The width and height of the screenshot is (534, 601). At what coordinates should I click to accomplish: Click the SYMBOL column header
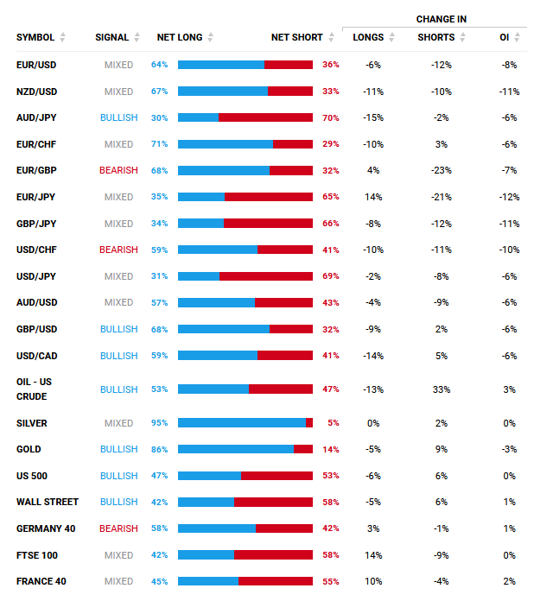coord(35,37)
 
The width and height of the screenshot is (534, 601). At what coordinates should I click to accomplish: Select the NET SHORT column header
coord(296,37)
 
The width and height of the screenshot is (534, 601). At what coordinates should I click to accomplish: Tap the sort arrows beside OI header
coord(518,37)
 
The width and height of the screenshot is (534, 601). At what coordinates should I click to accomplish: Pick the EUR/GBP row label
coord(36,170)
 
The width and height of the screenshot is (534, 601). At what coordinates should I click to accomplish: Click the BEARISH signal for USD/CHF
coord(118,250)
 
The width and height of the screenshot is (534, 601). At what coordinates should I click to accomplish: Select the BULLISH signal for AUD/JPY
coord(118,117)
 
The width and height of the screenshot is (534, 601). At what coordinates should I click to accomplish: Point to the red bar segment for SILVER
coord(309,423)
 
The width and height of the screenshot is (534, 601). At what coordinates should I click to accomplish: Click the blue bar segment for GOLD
coord(235,449)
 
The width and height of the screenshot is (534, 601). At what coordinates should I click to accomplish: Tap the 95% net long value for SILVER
coord(159,423)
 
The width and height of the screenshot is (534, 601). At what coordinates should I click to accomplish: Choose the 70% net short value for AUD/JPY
coord(330,117)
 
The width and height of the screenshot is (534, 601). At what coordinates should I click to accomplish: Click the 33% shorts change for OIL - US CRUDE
coord(442,389)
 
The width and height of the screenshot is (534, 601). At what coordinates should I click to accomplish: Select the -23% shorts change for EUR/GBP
coord(442,170)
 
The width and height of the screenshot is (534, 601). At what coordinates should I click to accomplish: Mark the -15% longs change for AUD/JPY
coord(373,117)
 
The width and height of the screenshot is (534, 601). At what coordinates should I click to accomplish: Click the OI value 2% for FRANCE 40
coord(510,581)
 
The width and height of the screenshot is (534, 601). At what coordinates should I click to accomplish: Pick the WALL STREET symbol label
coord(48,502)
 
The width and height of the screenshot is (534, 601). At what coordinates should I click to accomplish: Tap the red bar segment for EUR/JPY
coord(269,197)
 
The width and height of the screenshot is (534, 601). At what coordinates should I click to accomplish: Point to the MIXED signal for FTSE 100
coord(118,555)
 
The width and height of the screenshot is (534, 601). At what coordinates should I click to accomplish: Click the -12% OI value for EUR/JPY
coord(510,197)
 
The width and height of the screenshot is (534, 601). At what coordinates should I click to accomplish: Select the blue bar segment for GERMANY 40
coord(216,528)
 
